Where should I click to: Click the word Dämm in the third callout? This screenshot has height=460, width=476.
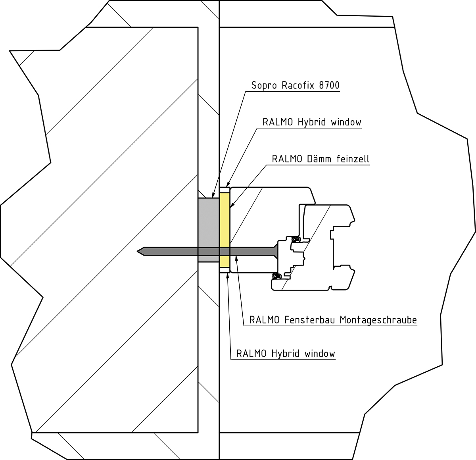(x=320, y=159)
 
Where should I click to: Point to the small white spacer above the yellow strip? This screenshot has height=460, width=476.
(x=225, y=191)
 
